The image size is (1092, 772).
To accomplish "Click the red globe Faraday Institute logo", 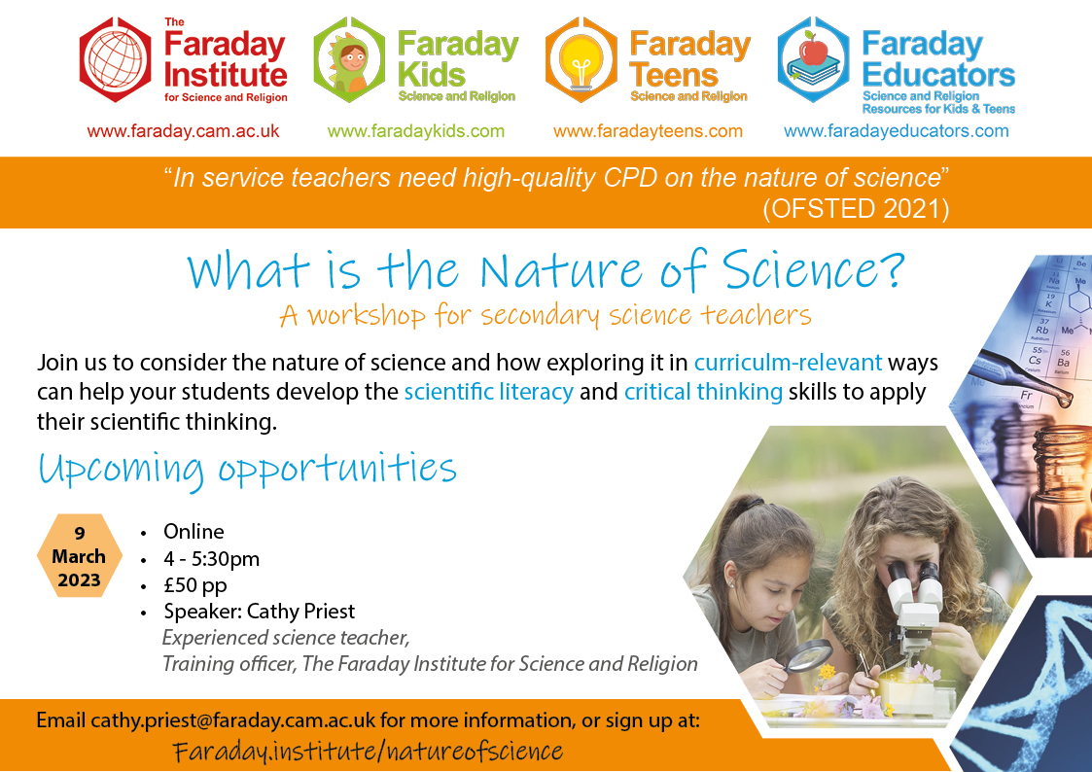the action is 115,60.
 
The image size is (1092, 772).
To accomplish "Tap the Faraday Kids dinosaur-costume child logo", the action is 349,60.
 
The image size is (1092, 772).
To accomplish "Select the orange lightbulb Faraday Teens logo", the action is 581,60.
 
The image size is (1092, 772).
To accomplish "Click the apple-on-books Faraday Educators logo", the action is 814,60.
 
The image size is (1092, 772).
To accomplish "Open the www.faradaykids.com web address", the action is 416,131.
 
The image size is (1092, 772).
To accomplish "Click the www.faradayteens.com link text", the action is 648,131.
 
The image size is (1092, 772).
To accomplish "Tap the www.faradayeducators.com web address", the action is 897,131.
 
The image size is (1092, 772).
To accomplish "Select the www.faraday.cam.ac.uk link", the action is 183,131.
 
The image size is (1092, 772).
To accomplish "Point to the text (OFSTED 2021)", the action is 856,209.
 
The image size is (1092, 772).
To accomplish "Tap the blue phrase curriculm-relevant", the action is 788,363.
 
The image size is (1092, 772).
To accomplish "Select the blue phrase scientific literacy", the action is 489,392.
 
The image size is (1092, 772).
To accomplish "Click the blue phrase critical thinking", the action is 703,392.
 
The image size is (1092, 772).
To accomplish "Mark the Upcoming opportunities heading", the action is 247,470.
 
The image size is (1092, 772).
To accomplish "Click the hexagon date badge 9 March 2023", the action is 80,555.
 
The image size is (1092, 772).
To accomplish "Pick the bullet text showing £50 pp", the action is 195,585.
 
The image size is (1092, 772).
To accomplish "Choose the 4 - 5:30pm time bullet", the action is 212,558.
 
